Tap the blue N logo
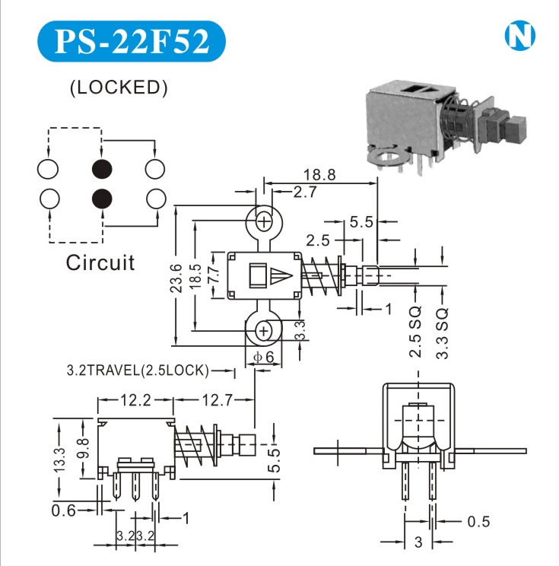coord(519,36)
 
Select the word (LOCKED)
coord(118,87)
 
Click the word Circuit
coord(100,263)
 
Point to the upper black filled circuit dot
coord(102,168)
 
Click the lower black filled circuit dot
coord(102,199)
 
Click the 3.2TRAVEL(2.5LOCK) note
coord(138,371)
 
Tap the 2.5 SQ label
coord(414,332)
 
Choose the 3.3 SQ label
coord(443,332)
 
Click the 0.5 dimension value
coord(478,521)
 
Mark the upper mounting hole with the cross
coord(264,221)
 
